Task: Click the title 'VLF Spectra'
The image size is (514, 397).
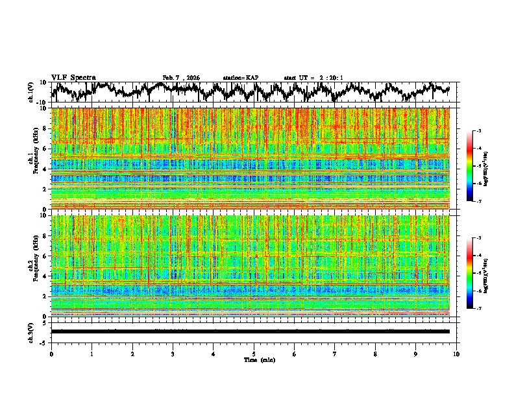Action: tap(73, 77)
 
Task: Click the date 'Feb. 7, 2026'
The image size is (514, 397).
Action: tap(181, 78)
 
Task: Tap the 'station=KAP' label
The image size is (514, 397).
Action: tap(240, 78)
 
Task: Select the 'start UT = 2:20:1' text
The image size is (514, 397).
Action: tap(313, 78)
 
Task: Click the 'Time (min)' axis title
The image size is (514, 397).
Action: tap(254, 359)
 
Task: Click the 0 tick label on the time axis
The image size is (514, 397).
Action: tap(51, 354)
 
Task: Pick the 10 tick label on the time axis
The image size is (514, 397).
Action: tap(456, 354)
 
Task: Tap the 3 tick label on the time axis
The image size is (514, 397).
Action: tap(173, 354)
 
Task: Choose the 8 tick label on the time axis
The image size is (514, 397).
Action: tap(375, 354)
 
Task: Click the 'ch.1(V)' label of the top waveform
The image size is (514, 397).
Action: tap(31, 92)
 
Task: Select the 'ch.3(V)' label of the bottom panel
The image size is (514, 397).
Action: tap(31, 331)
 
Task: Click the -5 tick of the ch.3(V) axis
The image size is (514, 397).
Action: tap(44, 341)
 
